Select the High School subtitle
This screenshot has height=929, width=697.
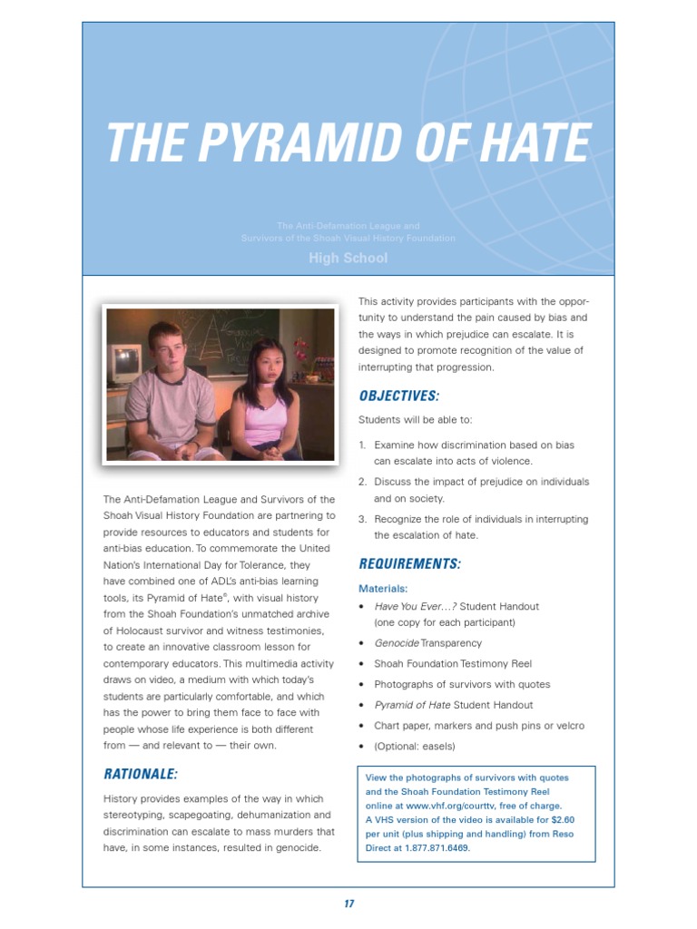348,258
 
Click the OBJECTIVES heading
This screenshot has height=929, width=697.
398,396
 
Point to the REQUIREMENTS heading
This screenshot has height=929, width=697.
409,564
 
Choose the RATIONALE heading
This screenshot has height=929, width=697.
140,774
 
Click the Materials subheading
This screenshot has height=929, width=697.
383,588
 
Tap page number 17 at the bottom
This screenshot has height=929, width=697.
348,904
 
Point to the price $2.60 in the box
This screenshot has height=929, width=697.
558,819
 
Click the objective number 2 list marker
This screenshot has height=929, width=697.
362,482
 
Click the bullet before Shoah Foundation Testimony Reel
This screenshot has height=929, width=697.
362,664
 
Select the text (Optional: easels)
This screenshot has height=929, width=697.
414,747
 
